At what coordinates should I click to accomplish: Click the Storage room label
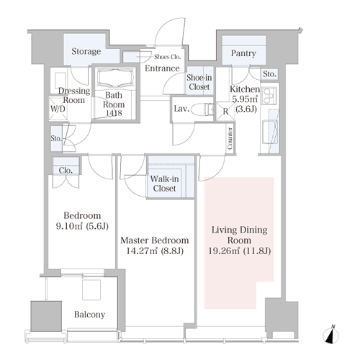[x=86, y=51]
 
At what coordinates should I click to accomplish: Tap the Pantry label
[x=243, y=53]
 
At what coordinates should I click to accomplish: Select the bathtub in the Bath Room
[x=115, y=78]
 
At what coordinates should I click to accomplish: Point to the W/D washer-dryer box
[x=58, y=109]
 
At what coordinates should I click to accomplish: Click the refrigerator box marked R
[x=225, y=111]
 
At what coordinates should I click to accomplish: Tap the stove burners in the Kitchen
[x=269, y=96]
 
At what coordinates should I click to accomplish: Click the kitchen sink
[x=270, y=132]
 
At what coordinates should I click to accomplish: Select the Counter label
[x=230, y=138]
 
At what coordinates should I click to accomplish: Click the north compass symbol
[x=330, y=335]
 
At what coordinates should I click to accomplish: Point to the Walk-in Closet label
[x=164, y=184]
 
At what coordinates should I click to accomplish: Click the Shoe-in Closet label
[x=199, y=82]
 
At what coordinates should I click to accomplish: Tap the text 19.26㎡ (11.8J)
[x=240, y=251]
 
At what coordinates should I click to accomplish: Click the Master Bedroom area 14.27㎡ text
[x=142, y=251]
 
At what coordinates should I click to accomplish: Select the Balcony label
[x=89, y=315]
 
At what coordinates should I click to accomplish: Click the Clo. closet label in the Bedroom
[x=66, y=171]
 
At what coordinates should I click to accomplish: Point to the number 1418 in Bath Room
[x=114, y=113]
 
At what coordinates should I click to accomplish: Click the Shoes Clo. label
[x=167, y=57]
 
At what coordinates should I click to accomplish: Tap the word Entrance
[x=162, y=68]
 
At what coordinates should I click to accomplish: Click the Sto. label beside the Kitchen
[x=269, y=74]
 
